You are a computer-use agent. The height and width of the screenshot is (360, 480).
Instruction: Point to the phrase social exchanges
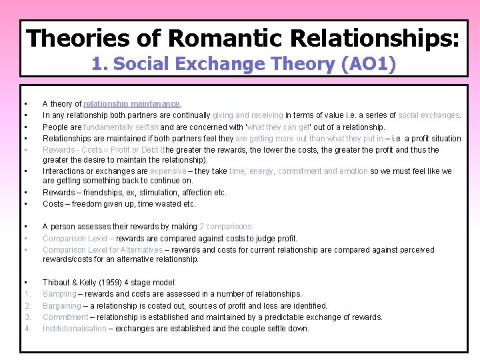[429, 115]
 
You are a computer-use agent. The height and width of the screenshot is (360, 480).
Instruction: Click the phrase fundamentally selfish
[121, 127]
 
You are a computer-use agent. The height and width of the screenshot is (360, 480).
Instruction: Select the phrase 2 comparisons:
[227, 227]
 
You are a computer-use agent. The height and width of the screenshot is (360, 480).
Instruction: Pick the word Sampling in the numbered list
[59, 294]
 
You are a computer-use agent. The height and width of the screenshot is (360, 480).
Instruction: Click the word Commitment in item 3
[65, 317]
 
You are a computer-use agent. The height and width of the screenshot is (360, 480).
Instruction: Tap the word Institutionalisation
[75, 329]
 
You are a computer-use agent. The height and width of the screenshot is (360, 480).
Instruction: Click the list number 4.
[27, 329]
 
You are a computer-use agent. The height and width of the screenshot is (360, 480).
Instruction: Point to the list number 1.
[27, 294]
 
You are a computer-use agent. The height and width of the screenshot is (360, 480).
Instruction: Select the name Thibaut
[57, 283]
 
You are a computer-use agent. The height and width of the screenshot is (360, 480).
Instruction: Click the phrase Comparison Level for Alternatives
[103, 250]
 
